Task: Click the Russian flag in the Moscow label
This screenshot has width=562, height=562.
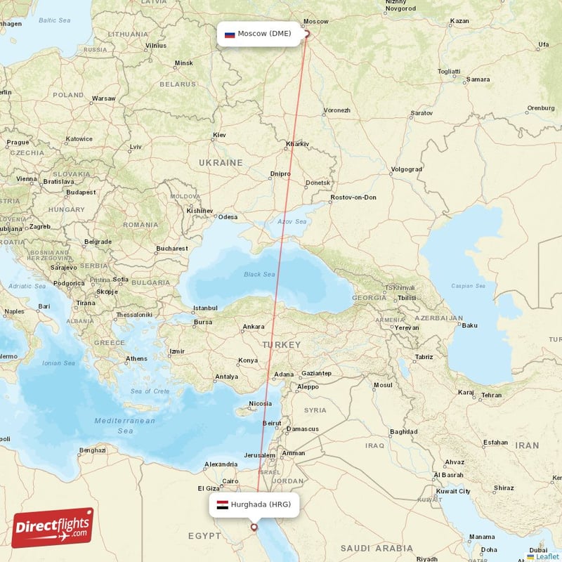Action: [x=229, y=34]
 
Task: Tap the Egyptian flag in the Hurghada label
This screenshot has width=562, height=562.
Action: [x=222, y=504]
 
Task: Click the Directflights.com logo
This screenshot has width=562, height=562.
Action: [x=53, y=528]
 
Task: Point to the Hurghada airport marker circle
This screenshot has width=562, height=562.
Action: [x=254, y=527]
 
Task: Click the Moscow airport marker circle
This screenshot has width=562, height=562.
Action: [x=306, y=33]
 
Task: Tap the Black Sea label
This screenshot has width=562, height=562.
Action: [x=259, y=275]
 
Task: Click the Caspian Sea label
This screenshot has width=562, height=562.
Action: [x=468, y=286]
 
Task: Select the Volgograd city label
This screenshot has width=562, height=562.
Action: [x=406, y=169]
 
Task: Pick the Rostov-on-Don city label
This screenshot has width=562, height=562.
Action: [x=353, y=197]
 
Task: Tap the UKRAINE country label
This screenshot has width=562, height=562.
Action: [x=221, y=162]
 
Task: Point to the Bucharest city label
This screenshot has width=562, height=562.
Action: [x=172, y=248]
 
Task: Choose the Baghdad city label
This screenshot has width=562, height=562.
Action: [x=403, y=431]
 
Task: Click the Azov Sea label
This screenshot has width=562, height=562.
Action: [x=291, y=221]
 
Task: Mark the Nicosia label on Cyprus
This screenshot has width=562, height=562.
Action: [x=260, y=403]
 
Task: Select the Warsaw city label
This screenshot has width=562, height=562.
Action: [x=103, y=98]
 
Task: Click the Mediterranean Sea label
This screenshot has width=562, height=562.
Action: [x=125, y=425]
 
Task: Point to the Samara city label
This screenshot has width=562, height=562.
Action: [x=478, y=79]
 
